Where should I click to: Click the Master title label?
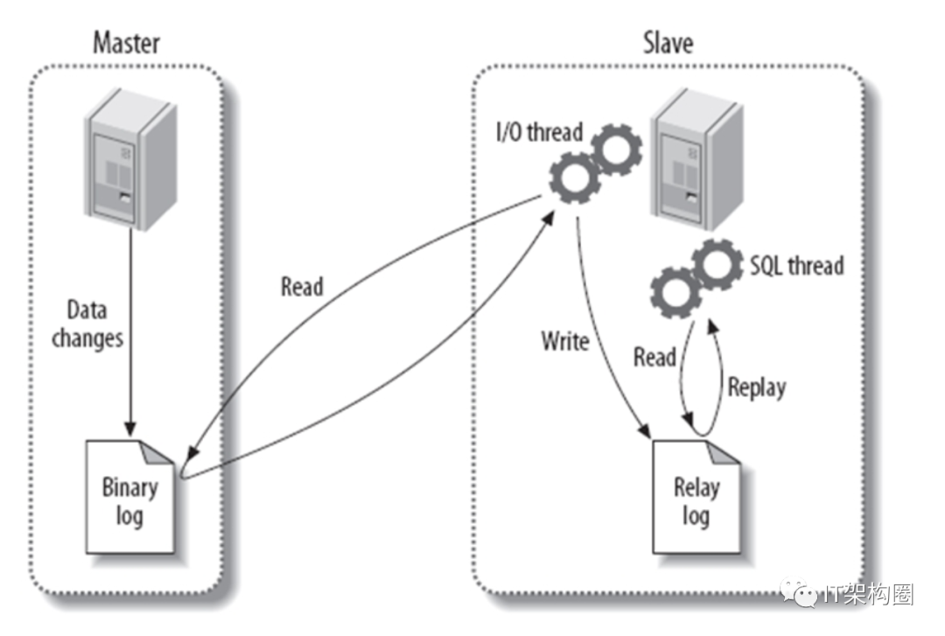(127, 41)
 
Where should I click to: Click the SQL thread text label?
(796, 265)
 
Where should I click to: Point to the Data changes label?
(87, 324)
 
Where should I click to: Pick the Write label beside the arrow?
(564, 341)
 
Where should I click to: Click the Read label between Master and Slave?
(302, 287)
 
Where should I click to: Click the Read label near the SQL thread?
(654, 356)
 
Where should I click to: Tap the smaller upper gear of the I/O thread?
(617, 149)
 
